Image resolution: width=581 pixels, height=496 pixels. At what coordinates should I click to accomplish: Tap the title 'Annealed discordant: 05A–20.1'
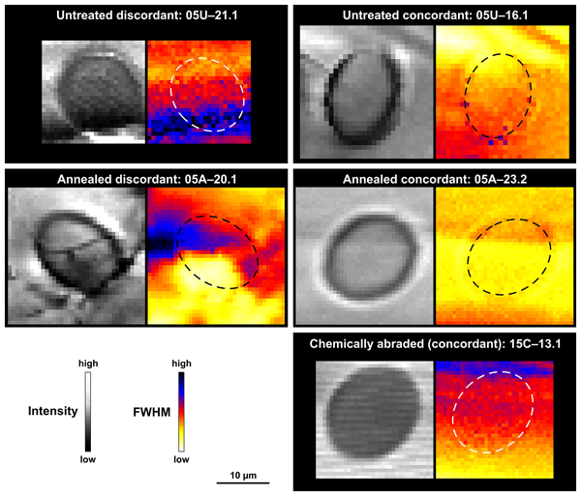pyautogui.click(x=146, y=179)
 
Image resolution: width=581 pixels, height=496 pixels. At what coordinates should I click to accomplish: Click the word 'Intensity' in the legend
pyautogui.click(x=52, y=411)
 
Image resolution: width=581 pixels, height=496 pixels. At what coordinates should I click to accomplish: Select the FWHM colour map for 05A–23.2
pyautogui.click(x=505, y=256)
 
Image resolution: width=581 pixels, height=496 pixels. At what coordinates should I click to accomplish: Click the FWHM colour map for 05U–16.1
pyautogui.click(x=505, y=93)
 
